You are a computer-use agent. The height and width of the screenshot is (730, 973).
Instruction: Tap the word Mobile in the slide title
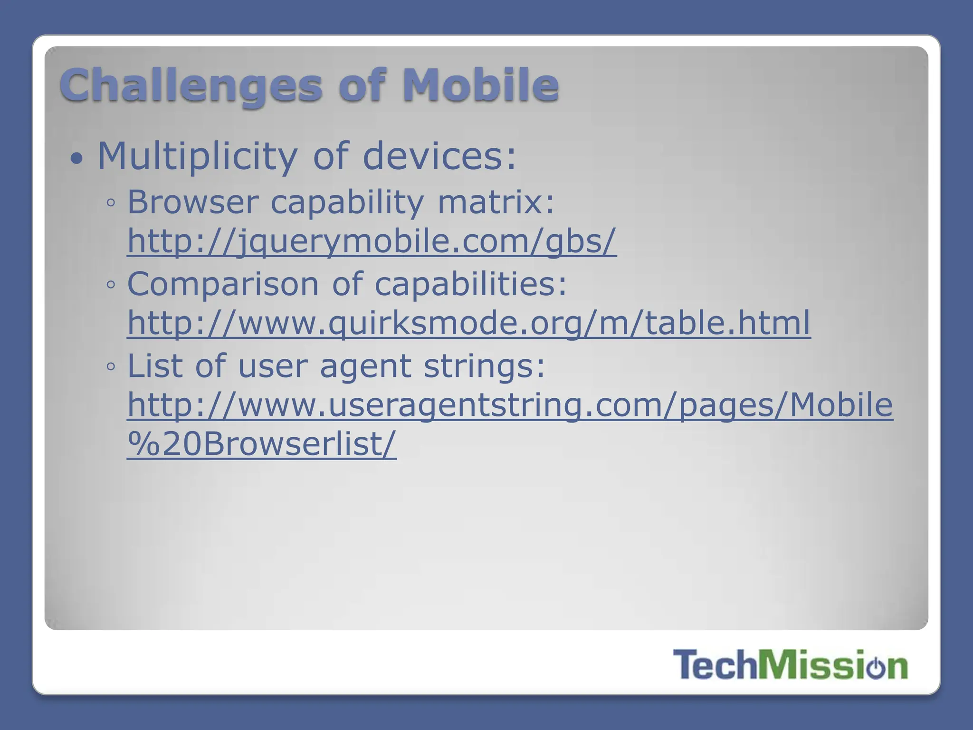[480, 86]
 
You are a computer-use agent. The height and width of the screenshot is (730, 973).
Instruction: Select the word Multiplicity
[197, 157]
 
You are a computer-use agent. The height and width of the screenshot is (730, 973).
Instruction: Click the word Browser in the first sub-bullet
[192, 202]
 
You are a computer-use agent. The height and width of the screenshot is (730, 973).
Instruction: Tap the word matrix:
[496, 202]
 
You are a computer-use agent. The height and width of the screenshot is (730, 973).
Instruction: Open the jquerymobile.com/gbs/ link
[372, 241]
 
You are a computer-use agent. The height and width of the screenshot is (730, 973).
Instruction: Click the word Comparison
[223, 284]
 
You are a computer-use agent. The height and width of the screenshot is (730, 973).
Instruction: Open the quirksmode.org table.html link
[468, 323]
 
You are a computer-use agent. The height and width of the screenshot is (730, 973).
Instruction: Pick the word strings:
[484, 367]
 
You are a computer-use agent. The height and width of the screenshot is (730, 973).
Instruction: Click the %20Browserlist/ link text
[261, 444]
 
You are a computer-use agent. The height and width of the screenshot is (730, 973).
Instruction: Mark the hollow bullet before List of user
[111, 367]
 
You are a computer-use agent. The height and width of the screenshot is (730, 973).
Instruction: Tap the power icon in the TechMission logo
[875, 667]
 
